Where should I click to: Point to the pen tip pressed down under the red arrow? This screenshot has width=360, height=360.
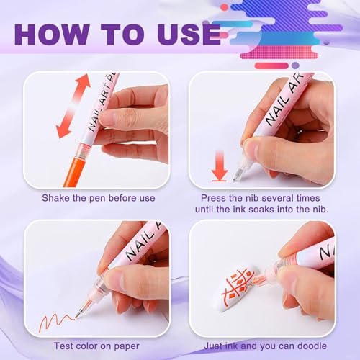pyautogui.click(x=238, y=174)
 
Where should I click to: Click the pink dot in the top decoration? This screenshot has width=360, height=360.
pyautogui.click(x=225, y=7)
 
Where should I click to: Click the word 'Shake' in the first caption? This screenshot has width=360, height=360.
pyautogui.click(x=55, y=198)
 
